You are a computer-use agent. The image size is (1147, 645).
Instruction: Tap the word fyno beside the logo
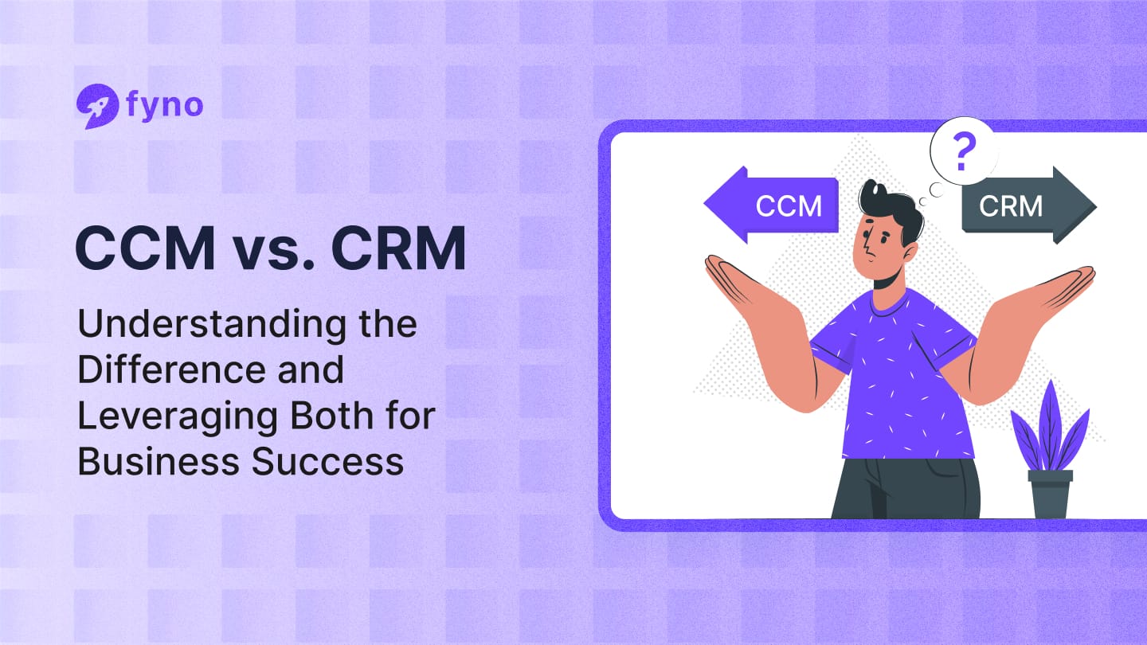click(x=164, y=105)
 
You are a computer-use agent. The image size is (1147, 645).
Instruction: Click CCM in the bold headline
click(x=144, y=249)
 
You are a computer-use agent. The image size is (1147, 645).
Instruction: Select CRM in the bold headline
click(x=398, y=249)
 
